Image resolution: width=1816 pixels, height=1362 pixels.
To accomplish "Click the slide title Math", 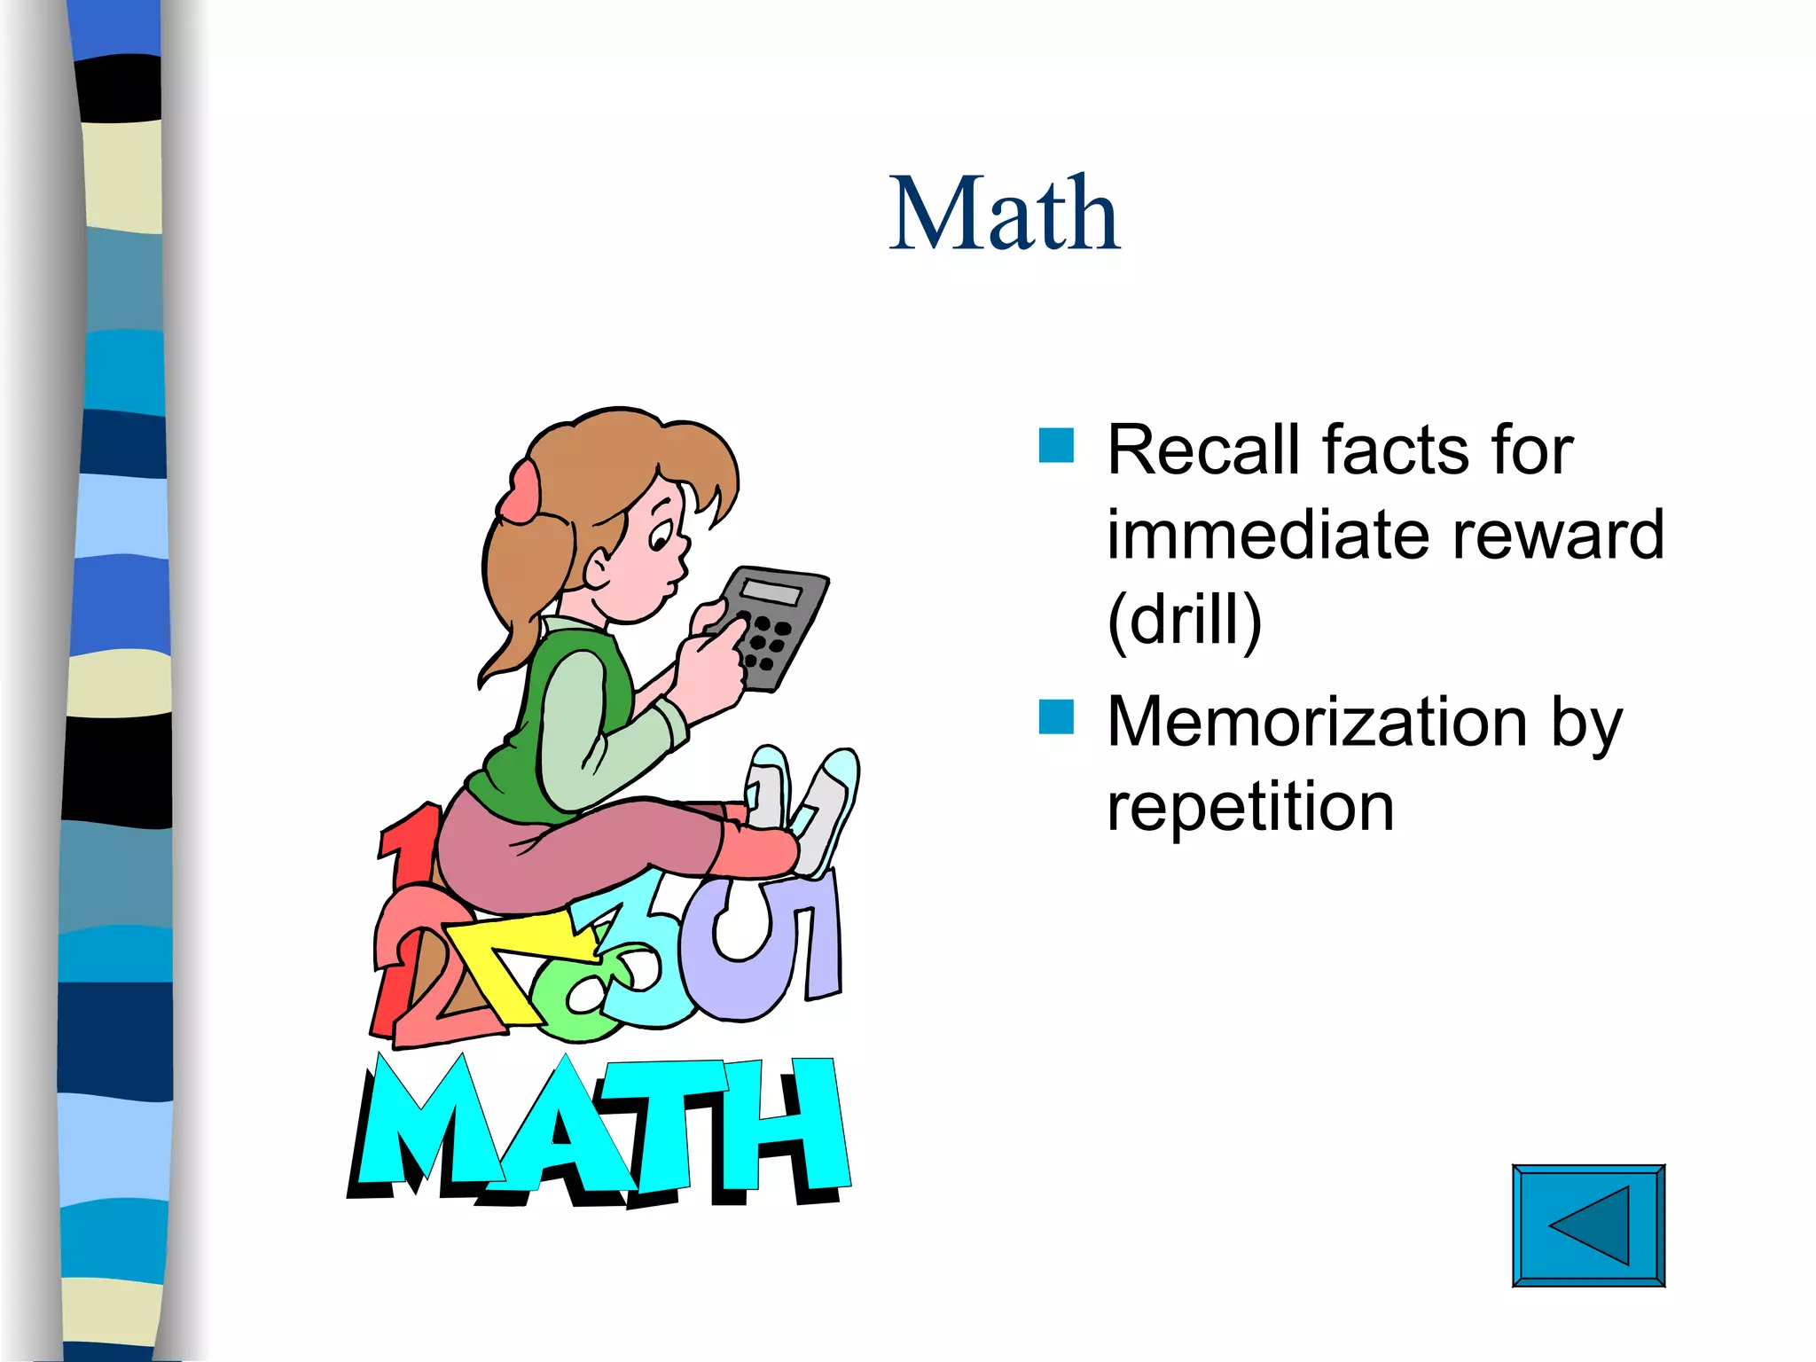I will tap(1005, 215).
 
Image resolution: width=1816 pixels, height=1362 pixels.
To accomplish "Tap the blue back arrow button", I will tap(1587, 1225).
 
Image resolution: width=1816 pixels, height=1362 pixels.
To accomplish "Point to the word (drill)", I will tap(1185, 620).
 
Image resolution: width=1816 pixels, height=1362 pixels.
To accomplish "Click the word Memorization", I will tap(1316, 722).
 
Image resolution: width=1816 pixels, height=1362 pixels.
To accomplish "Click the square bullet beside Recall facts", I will tap(1056, 446).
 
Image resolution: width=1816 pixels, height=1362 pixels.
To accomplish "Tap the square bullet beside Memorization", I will tap(1056, 717).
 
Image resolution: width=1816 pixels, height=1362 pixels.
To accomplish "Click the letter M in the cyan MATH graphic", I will tap(426, 1126).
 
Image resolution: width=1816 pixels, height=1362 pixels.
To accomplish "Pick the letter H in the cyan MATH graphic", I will tap(780, 1126).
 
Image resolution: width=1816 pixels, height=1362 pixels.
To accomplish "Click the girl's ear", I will tap(597, 567).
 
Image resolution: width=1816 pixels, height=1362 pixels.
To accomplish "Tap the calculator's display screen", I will tap(771, 591).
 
